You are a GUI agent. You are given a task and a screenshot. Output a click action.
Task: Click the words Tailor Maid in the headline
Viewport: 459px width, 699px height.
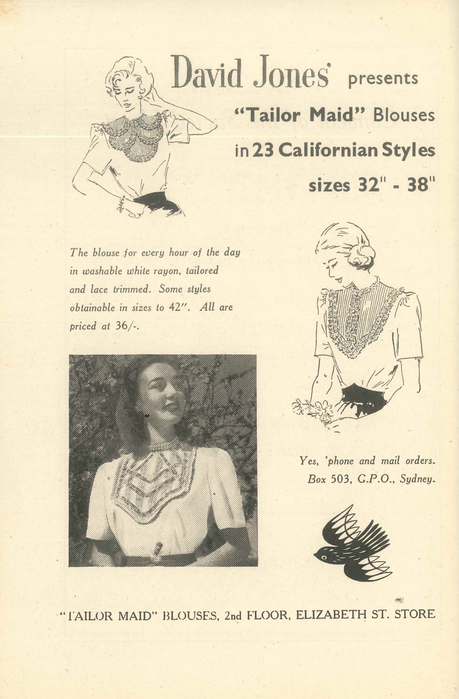295,115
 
